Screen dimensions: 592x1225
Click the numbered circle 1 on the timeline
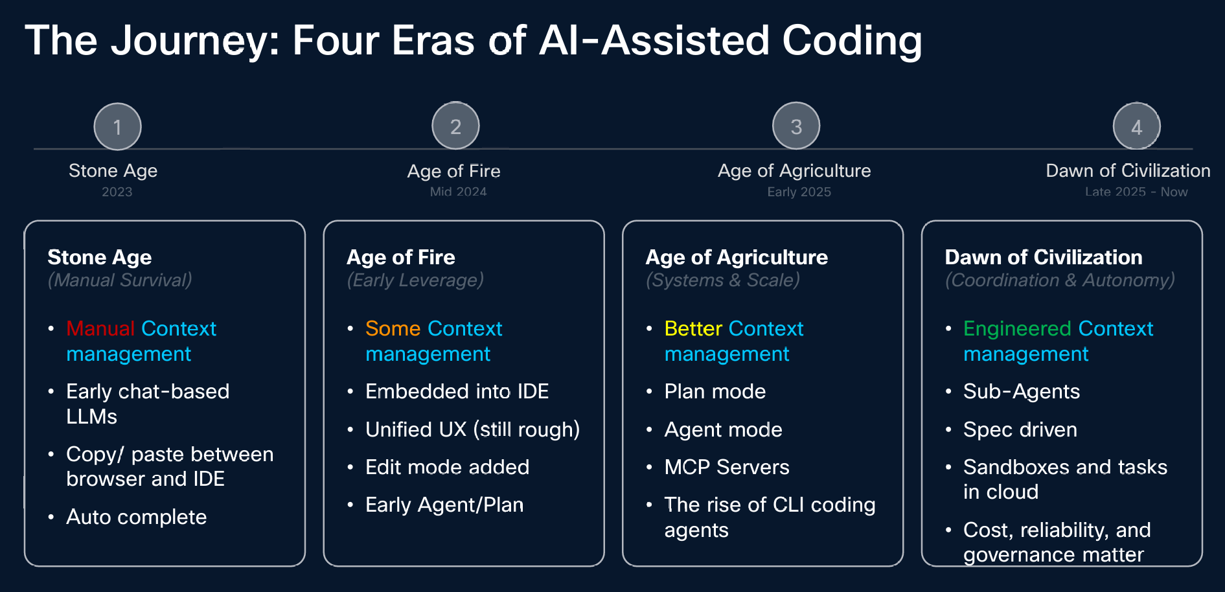point(117,127)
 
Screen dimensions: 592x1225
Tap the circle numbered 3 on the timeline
point(796,126)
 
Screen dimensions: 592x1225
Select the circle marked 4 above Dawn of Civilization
point(1136,127)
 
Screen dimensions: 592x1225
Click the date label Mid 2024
point(458,192)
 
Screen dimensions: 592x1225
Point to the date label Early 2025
point(799,192)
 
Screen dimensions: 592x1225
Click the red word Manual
point(100,328)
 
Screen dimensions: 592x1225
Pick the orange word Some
point(393,328)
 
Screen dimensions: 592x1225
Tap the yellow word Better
point(693,328)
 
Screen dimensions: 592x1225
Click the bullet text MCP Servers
point(726,467)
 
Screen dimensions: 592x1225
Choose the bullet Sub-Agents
point(1021,391)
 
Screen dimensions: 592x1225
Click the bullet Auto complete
point(136,517)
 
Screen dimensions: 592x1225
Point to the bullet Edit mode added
point(447,467)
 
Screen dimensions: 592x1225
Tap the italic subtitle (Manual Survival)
point(120,280)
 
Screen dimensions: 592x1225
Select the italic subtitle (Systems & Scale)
point(722,280)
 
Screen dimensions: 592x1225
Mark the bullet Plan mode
point(715,391)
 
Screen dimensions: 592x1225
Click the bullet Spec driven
point(1020,429)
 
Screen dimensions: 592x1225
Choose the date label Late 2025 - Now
point(1136,192)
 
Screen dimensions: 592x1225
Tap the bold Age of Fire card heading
point(400,257)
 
